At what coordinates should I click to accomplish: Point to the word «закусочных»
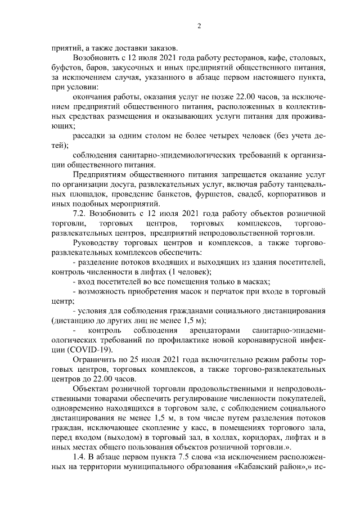[x=134, y=67]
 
